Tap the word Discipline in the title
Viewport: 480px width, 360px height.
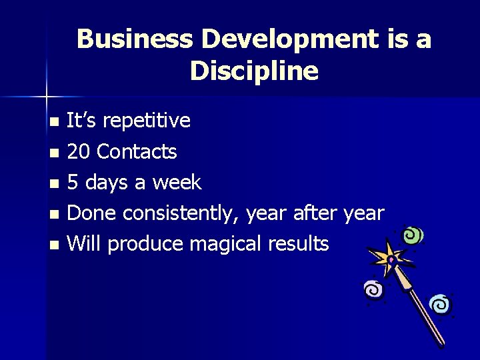pyautogui.click(x=254, y=71)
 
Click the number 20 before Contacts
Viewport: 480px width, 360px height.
pyautogui.click(x=80, y=152)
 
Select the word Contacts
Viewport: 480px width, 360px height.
pyautogui.click(x=137, y=152)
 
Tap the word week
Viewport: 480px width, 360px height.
pyautogui.click(x=177, y=183)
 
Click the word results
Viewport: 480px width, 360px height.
pyautogui.click(x=298, y=244)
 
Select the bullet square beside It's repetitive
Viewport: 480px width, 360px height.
pyautogui.click(x=55, y=122)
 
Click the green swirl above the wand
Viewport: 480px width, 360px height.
pyautogui.click(x=414, y=235)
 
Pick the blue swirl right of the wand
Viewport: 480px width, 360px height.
pyautogui.click(x=440, y=305)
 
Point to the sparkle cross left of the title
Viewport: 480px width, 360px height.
pyautogui.click(x=47, y=97)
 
